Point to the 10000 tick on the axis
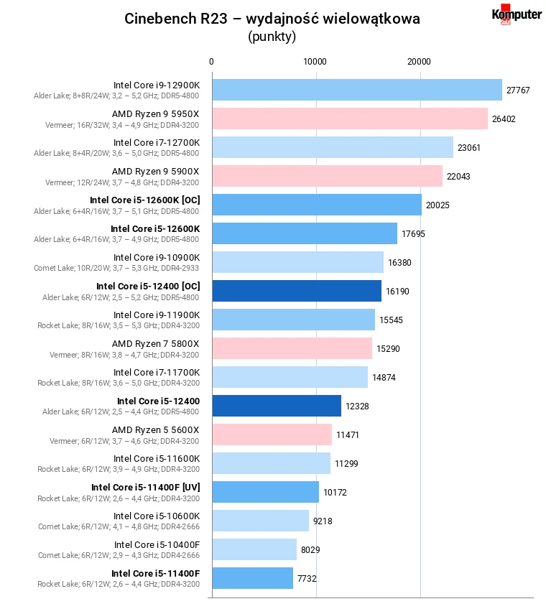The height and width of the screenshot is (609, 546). pyautogui.click(x=315, y=62)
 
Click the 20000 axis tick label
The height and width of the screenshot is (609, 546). pyautogui.click(x=420, y=62)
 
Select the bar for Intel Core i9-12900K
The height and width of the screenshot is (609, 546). pyautogui.click(x=356, y=90)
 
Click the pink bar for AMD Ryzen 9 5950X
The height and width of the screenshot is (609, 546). pyautogui.click(x=349, y=118)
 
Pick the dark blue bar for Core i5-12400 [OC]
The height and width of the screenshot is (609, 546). pyautogui.click(x=296, y=291)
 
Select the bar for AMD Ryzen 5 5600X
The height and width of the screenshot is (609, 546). pyautogui.click(x=272, y=434)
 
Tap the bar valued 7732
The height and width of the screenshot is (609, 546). pyautogui.click(x=252, y=578)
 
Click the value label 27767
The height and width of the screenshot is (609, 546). pyautogui.click(x=518, y=90)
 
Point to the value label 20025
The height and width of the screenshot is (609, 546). pyautogui.click(x=438, y=205)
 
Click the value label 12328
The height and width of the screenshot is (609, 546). pyautogui.click(x=357, y=406)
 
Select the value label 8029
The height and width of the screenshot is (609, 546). pyautogui.click(x=310, y=550)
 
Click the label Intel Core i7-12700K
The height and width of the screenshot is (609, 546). pyautogui.click(x=157, y=142)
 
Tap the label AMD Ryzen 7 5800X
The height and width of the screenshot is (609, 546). pyautogui.click(x=155, y=343)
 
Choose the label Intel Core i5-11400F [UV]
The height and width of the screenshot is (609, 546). pyautogui.click(x=145, y=487)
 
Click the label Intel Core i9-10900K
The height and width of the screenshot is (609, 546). pyautogui.click(x=157, y=257)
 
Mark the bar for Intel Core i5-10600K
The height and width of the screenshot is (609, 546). pyautogui.click(x=260, y=521)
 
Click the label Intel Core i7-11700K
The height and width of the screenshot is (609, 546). pyautogui.click(x=157, y=372)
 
